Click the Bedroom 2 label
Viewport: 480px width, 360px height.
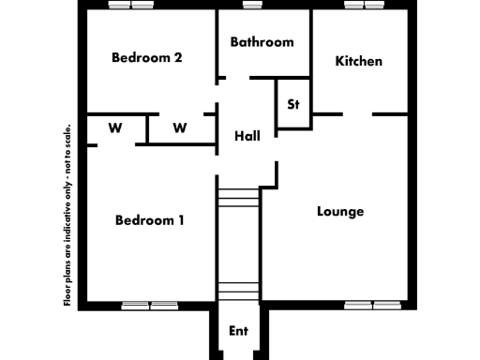(146, 57)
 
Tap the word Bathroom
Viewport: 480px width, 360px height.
(262, 42)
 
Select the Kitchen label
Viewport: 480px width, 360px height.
(359, 61)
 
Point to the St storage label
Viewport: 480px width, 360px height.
(293, 104)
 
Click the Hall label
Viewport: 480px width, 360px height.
(247, 136)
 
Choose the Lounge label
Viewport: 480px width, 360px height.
(340, 211)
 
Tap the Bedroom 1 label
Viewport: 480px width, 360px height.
(149, 220)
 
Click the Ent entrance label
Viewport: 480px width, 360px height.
(239, 331)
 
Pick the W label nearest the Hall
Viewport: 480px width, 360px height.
(181, 127)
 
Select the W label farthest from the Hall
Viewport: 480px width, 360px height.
(114, 127)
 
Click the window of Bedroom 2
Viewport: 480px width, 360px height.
(130, 6)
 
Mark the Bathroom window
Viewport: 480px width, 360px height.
(251, 6)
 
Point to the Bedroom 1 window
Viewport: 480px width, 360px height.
(150, 305)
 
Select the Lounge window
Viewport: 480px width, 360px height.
(372, 305)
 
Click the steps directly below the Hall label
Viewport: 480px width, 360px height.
(237, 199)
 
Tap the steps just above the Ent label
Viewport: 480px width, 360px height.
(237, 288)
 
